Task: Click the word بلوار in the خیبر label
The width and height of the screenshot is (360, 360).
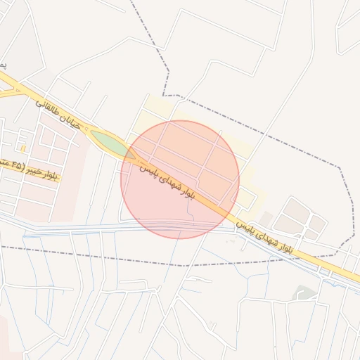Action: (50, 174)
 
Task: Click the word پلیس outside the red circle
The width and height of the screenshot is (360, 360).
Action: (243, 226)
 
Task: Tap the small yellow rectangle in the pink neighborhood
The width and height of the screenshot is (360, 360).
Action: (23, 148)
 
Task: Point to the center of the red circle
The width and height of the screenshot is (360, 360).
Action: (180, 180)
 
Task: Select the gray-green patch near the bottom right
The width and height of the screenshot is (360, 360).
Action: (305, 292)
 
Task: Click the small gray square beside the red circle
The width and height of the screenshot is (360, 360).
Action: (266, 219)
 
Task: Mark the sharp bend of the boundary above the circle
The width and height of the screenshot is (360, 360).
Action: (164, 95)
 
